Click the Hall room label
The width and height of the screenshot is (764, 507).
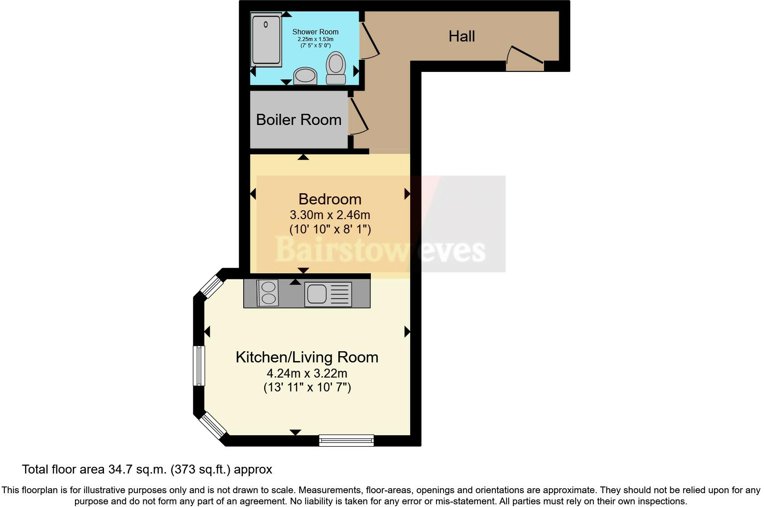(461, 36)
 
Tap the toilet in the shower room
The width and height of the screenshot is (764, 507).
(336, 68)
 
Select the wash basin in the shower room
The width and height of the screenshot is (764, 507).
(305, 76)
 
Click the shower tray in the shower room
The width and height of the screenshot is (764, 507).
(266, 39)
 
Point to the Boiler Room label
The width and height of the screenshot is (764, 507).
(299, 120)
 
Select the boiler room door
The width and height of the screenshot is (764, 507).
(358, 116)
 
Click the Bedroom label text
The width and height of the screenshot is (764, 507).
(330, 199)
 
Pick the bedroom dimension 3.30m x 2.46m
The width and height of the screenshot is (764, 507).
(330, 215)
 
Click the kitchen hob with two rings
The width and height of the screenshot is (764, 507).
(268, 293)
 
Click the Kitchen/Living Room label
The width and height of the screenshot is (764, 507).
(307, 357)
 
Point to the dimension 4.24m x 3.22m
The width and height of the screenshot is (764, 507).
(307, 373)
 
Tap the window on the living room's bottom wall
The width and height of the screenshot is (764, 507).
(346, 441)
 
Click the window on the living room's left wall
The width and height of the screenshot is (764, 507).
(199, 366)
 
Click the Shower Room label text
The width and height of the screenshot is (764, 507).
(315, 32)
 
